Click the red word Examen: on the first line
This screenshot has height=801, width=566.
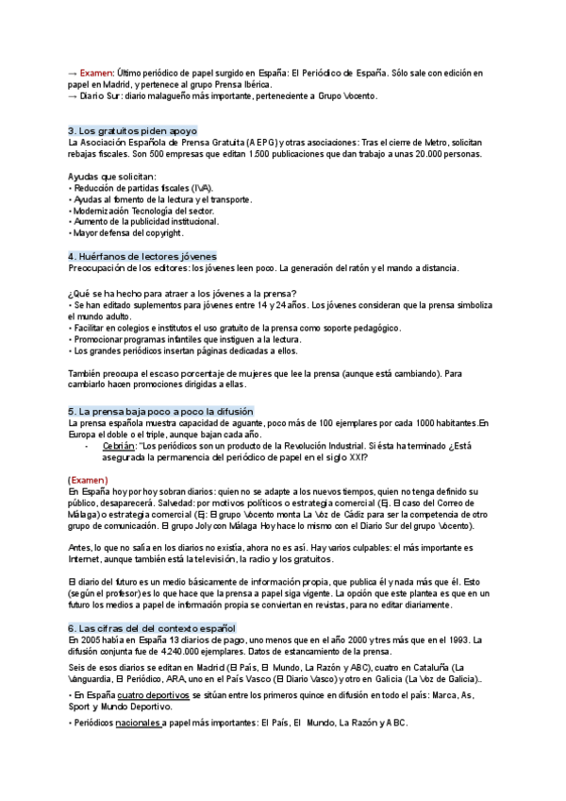coord(97,72)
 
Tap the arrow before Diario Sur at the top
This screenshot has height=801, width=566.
coord(73,95)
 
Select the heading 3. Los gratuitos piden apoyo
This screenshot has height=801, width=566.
coord(132,130)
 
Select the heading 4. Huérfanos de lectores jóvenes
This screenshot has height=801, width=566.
coord(141,256)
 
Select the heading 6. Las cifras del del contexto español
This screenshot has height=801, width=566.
coord(151,627)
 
